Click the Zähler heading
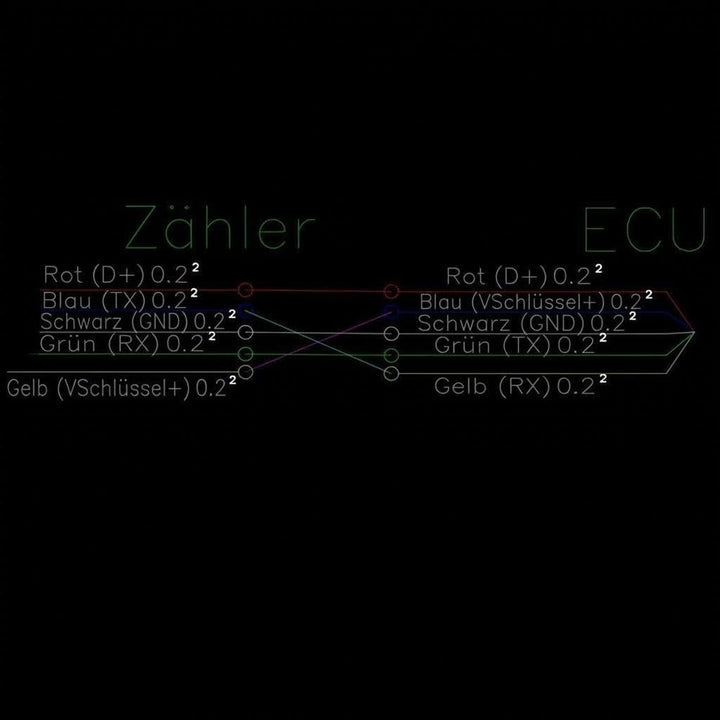tap(220, 227)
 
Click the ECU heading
tap(644, 230)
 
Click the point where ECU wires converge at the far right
tap(694, 332)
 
